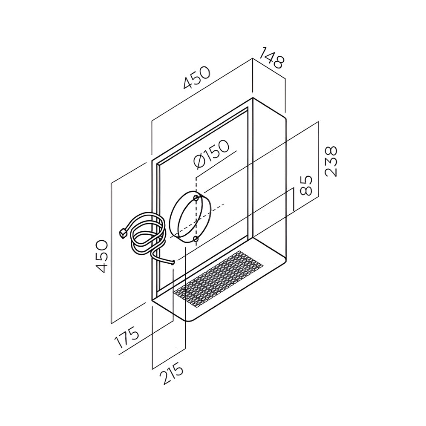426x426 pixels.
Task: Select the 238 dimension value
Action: tap(331, 161)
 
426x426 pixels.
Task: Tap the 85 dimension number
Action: tap(305, 185)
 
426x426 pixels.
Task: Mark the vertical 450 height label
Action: tap(103, 256)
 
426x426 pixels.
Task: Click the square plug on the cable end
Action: tap(124, 233)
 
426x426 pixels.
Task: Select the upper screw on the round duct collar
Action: tap(196, 198)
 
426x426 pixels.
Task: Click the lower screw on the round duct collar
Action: tap(196, 239)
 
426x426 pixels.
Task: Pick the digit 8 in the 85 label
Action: tap(305, 190)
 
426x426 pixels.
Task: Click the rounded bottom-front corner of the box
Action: tap(189, 320)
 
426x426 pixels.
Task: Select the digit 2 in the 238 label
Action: tap(331, 173)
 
